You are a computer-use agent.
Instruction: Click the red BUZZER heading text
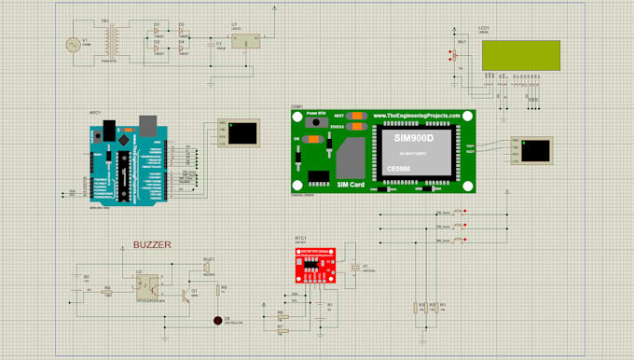[153, 244]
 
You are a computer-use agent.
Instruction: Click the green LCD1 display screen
[522, 55]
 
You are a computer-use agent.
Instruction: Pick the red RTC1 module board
[310, 265]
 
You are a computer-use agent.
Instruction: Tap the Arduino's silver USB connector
[147, 122]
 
